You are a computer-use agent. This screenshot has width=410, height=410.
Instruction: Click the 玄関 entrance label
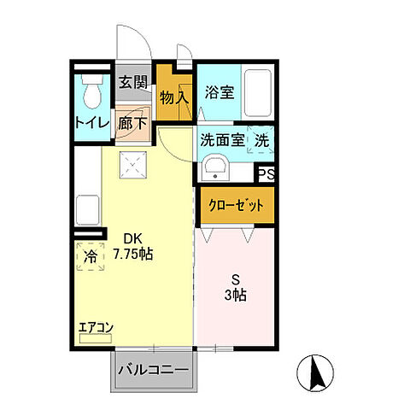click(132, 83)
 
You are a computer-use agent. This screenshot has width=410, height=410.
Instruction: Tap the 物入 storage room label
click(174, 97)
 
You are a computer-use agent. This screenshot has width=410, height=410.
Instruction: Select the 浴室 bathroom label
click(218, 91)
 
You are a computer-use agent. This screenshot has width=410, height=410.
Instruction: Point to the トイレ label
click(92, 122)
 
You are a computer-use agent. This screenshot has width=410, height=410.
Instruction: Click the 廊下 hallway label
click(132, 122)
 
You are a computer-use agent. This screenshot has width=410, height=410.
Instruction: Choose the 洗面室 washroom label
click(221, 141)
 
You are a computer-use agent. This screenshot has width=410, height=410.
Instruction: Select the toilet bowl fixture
click(90, 89)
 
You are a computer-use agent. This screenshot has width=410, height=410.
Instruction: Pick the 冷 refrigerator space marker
click(90, 256)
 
